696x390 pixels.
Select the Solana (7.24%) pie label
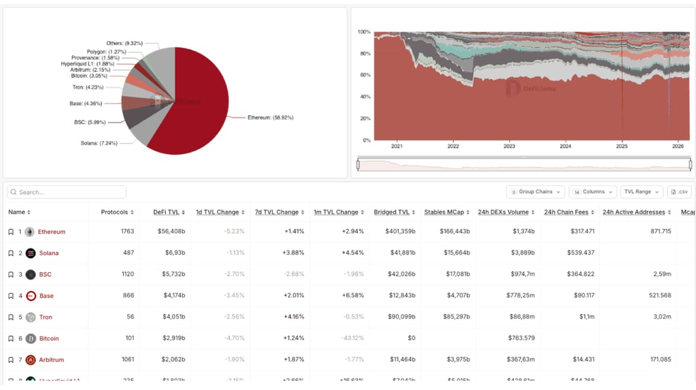(99, 143)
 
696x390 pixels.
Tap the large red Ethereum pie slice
(197, 102)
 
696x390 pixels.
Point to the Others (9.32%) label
(124, 43)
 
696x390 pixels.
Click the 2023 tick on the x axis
(509, 146)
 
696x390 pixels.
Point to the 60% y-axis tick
(364, 75)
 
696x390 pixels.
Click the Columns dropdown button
(593, 192)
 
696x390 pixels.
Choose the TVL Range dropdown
(641, 192)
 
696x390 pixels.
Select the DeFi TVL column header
(169, 212)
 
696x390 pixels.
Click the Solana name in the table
(49, 253)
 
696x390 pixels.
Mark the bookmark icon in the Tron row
(11, 317)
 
